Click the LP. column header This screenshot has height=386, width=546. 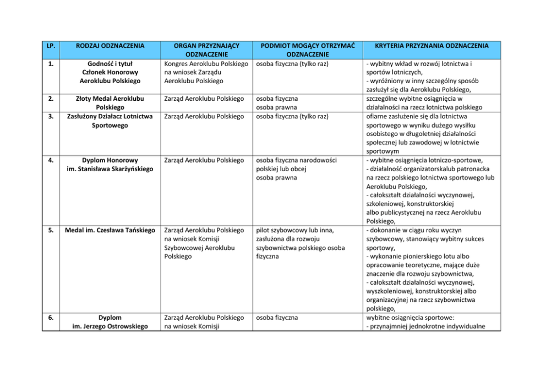point(50,45)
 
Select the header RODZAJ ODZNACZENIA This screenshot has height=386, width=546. point(110,45)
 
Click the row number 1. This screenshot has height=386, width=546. point(50,63)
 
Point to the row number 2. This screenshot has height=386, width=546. point(50,99)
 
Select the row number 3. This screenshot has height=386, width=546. point(50,116)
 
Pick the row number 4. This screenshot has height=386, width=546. point(50,160)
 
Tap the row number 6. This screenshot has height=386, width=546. point(50,318)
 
